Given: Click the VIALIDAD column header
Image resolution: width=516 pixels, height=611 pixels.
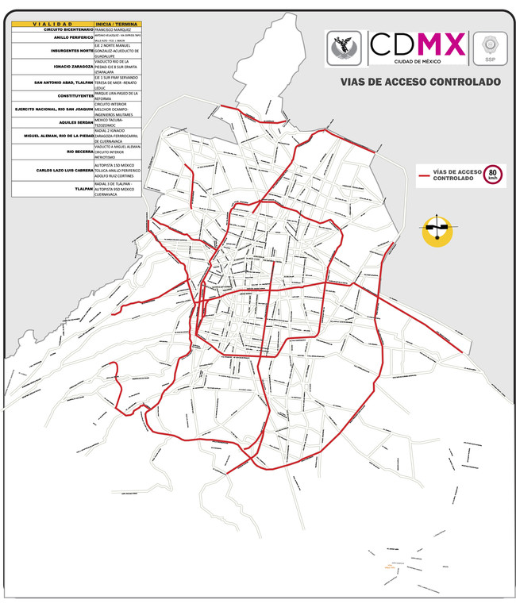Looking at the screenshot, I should (x=52, y=24).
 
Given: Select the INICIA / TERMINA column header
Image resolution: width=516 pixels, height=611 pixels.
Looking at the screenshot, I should (x=117, y=24).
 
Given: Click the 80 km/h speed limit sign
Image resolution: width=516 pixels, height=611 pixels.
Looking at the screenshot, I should (x=494, y=175).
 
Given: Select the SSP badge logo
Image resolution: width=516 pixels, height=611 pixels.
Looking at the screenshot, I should (x=489, y=47).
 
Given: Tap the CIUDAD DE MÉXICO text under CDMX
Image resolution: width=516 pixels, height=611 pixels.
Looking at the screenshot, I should (x=418, y=60).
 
